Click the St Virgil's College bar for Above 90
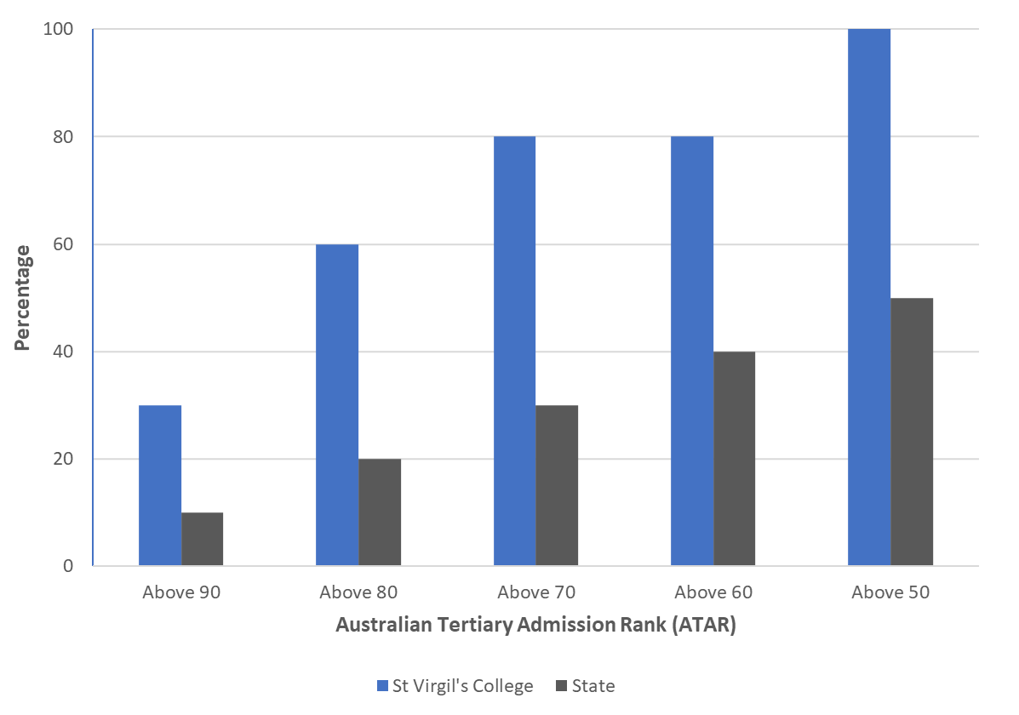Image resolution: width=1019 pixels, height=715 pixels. pos(160,485)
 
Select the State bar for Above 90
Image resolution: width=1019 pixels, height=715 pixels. pos(203,539)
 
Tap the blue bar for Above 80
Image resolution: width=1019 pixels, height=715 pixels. pos(337,405)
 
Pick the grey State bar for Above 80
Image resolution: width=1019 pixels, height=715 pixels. pos(380,512)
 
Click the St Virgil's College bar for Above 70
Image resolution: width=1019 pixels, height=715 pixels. pos(514,351)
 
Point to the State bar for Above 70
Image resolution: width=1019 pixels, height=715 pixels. pos(557,485)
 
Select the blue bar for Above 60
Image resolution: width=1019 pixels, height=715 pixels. pos(692,351)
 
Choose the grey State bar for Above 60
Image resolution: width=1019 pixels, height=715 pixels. pos(735,459)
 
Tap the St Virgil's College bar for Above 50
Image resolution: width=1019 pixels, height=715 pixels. pos(869,298)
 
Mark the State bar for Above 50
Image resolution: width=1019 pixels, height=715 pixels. pos(912,432)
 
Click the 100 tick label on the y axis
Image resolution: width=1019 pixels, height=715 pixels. pos(60,30)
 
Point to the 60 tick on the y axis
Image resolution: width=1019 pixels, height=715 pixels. pos(65,244)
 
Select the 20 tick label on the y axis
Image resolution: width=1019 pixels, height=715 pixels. pos(65,459)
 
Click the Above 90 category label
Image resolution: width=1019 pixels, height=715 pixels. pos(181,592)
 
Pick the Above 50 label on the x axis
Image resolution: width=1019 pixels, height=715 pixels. pos(890,592)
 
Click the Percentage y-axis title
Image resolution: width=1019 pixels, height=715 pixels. pos(23,298)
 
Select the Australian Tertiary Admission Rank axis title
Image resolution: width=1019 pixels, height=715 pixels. pos(535,626)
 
